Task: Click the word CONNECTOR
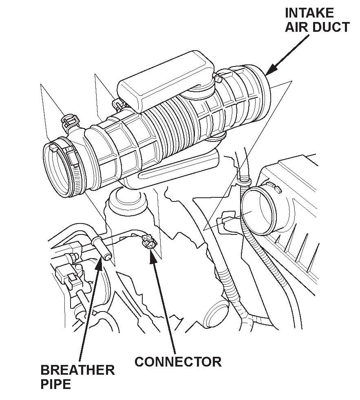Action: coord(178,361)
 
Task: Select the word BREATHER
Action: coord(77,370)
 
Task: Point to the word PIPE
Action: coord(56,385)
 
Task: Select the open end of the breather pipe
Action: coord(107,257)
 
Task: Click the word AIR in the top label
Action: coord(298,27)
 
